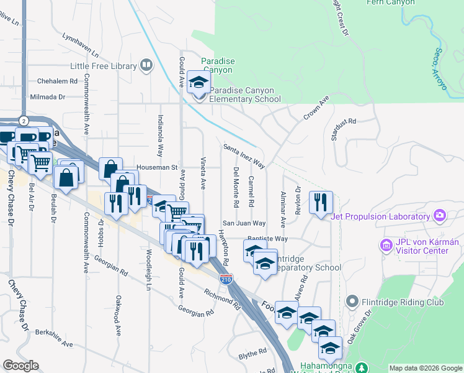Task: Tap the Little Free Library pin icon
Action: coord(146,64)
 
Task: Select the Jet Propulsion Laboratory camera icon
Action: coord(440,216)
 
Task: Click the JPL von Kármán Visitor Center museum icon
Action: coord(386,246)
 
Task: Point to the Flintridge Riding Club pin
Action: coord(353,302)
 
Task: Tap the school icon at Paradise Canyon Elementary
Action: coord(199,83)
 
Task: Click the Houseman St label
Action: coord(158,167)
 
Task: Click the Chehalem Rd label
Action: coord(56,81)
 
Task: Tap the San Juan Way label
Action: coord(244,223)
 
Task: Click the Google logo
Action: coord(20,366)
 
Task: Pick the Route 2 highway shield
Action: coord(23,119)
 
